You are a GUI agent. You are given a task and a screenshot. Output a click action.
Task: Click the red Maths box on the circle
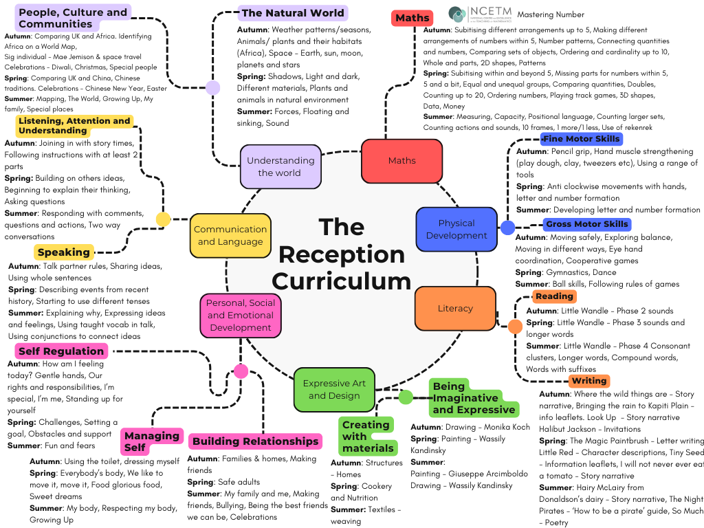point(401,161)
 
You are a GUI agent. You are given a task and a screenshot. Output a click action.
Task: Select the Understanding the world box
point(280,166)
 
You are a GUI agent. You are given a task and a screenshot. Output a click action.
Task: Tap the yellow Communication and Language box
point(230,236)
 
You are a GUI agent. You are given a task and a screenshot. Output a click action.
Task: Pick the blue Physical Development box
point(456,230)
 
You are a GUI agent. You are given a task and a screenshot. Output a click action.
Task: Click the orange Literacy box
point(455,309)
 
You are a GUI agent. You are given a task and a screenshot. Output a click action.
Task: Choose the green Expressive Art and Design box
point(334,389)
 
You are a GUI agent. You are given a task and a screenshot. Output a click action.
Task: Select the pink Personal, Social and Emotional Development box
point(241,315)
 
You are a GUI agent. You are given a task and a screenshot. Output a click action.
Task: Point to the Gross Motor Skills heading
point(586,224)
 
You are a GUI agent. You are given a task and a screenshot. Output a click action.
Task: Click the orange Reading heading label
point(553,296)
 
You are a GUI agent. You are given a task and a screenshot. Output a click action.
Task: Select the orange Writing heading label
point(589,381)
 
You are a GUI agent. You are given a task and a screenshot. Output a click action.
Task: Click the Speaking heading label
point(64,252)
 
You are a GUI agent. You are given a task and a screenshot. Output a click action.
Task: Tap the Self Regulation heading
point(61,351)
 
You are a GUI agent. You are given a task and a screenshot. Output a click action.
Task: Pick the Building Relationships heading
point(255,441)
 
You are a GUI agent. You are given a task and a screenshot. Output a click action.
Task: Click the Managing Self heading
point(151,441)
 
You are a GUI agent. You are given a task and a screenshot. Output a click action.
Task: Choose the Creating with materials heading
point(367,437)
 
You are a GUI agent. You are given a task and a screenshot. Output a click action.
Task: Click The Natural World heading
point(293,13)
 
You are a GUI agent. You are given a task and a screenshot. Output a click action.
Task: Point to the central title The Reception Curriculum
point(341,254)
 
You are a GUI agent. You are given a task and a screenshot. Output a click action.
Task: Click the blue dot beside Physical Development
point(507,228)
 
